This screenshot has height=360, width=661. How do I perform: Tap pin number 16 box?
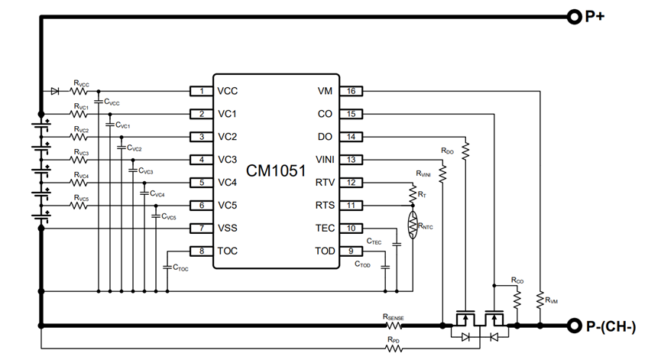pos(351,91)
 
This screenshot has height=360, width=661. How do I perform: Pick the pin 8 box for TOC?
pos(201,251)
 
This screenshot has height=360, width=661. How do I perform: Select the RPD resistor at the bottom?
pos(394,349)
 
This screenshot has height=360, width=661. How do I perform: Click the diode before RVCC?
pos(55,91)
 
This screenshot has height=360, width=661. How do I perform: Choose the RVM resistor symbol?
pos(539,297)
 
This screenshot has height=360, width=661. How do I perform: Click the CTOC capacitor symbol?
pos(167,266)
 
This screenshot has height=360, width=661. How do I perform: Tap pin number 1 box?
pos(201,91)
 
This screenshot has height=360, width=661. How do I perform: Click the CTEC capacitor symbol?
pos(397,244)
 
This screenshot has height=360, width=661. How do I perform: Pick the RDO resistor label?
pos(448,151)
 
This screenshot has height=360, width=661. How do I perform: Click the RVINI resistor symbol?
pos(442,174)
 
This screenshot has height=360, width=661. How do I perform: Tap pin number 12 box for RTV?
pos(351,183)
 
